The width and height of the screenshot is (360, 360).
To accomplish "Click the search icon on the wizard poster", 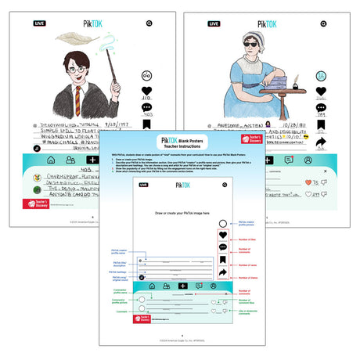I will (146, 23).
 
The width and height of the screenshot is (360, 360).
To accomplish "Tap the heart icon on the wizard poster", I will (146, 91).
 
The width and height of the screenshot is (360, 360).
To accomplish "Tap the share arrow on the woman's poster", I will (321, 142).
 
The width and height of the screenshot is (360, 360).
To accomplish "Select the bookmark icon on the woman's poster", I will (321, 127).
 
